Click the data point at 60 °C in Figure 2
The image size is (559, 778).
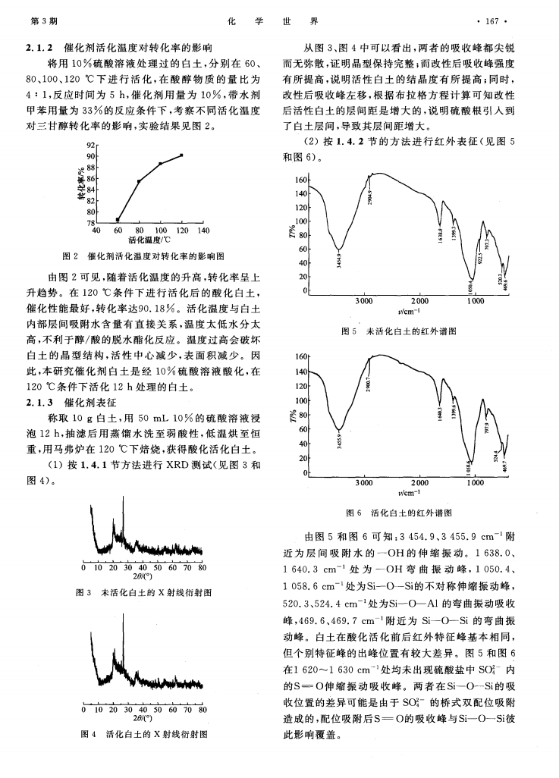(118, 219)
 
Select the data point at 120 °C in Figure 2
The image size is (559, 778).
(182, 155)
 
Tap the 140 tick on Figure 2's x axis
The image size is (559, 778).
(203, 230)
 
